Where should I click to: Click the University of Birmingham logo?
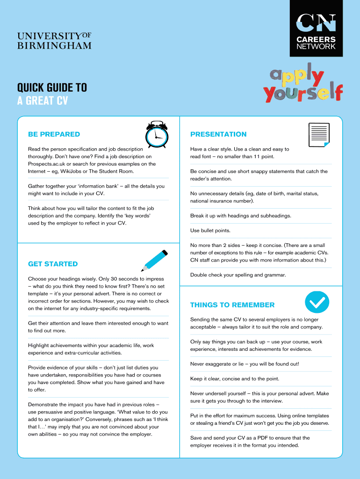[x=54, y=41]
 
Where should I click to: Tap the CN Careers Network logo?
[x=316, y=29]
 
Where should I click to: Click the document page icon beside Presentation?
[x=319, y=135]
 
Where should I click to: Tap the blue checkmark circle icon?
[x=317, y=303]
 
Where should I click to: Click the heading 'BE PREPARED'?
[x=54, y=134]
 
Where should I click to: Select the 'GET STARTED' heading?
[x=53, y=264]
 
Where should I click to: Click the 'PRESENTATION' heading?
[x=218, y=134]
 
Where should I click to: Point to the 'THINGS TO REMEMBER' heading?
[x=232, y=305]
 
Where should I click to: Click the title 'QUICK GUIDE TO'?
[x=52, y=88]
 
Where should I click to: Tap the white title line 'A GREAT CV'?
[x=43, y=101]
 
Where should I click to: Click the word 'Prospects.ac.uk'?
[x=45, y=164]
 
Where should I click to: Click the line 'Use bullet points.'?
[x=210, y=231]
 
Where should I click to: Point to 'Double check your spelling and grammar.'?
[x=238, y=275]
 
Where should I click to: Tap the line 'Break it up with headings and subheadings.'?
[x=241, y=216]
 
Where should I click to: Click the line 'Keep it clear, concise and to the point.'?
[x=235, y=379]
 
